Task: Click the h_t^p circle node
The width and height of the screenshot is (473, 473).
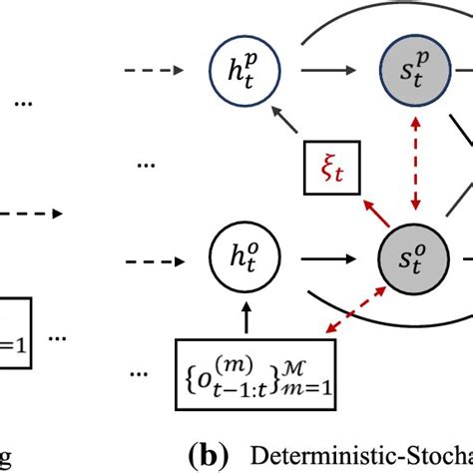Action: coord(236,73)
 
